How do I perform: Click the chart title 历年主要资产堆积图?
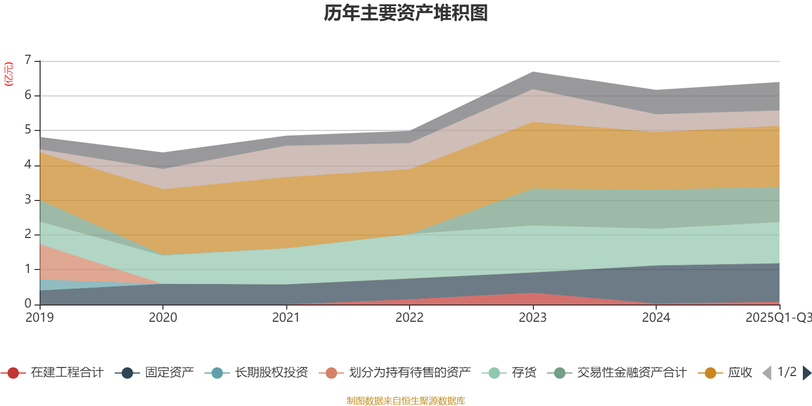click(x=406, y=13)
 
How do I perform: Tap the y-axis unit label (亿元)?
click(x=9, y=74)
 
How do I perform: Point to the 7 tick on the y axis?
click(x=28, y=60)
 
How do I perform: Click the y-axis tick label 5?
click(x=28, y=130)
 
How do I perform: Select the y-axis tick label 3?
click(x=28, y=199)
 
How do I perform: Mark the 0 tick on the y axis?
click(x=28, y=303)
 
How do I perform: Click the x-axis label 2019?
click(x=40, y=318)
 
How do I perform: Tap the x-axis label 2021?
click(x=286, y=318)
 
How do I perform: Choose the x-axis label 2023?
click(x=532, y=318)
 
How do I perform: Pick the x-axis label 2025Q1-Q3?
click(x=777, y=318)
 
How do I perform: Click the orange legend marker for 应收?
click(x=710, y=373)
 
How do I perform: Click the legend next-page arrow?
click(x=807, y=373)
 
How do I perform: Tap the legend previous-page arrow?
click(x=767, y=373)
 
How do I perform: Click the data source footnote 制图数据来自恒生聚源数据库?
click(x=406, y=401)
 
